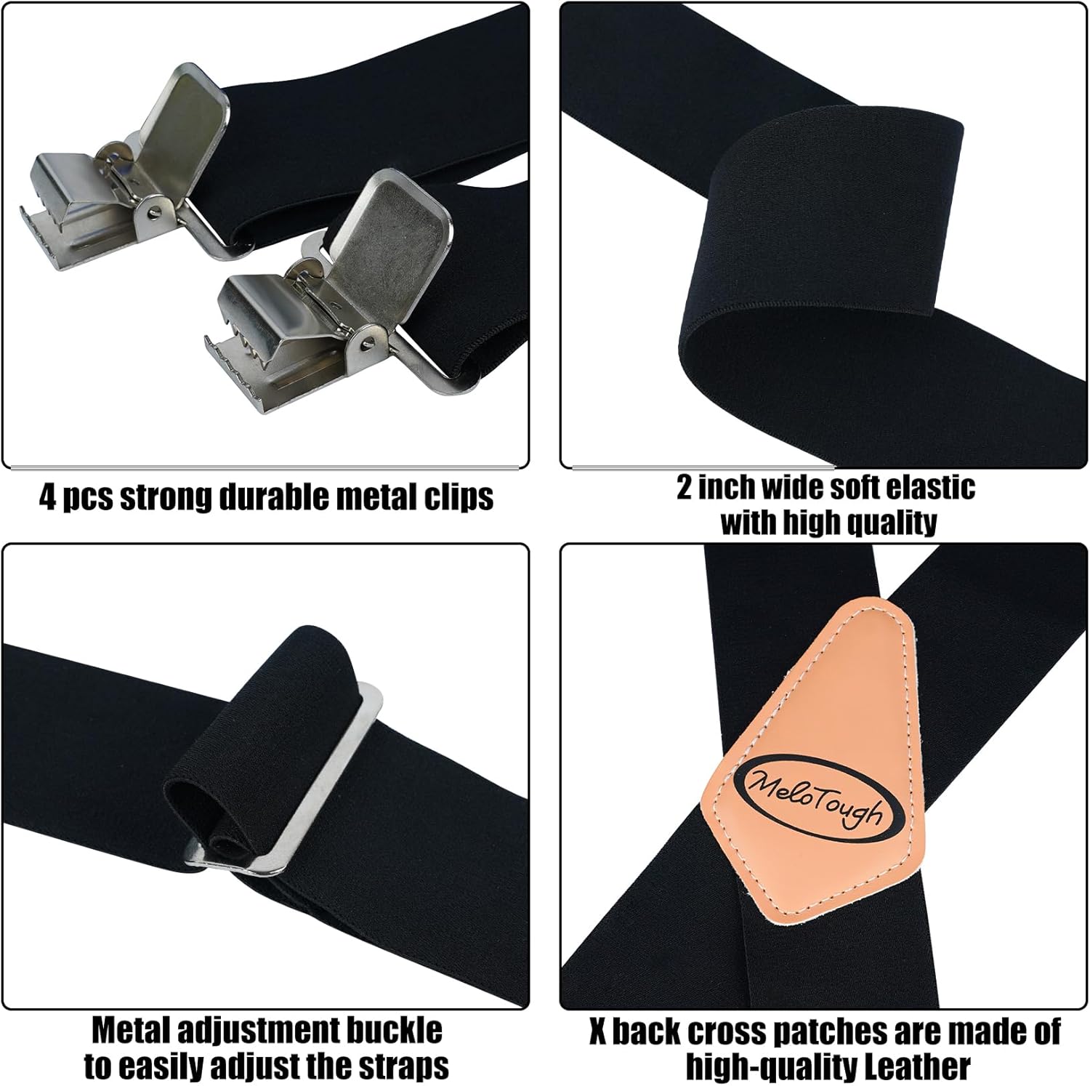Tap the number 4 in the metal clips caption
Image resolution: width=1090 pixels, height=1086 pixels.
click(47, 497)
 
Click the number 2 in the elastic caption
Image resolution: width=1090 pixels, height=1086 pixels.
click(684, 488)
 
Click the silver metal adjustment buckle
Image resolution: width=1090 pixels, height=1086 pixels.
click(305, 792)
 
